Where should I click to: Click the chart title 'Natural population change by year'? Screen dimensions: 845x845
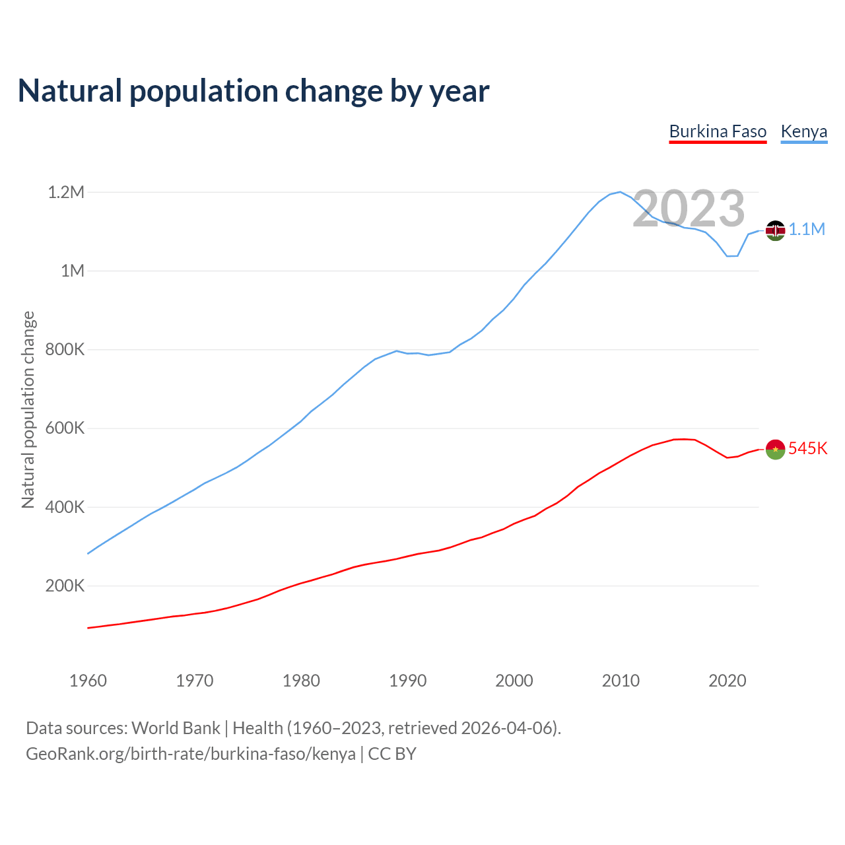pyautogui.click(x=253, y=91)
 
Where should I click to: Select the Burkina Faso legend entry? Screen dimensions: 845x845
pyautogui.click(x=718, y=131)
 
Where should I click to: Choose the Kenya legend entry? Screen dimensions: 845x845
pyautogui.click(x=803, y=131)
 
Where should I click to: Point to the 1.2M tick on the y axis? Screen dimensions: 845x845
pyautogui.click(x=66, y=192)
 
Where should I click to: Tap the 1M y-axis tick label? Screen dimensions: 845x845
pyautogui.click(x=73, y=271)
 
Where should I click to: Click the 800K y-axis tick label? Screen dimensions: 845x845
pyautogui.click(x=65, y=350)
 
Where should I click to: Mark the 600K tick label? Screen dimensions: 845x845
pyautogui.click(x=65, y=428)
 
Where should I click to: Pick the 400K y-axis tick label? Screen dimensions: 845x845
pyautogui.click(x=65, y=507)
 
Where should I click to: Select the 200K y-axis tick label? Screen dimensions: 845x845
pyautogui.click(x=65, y=586)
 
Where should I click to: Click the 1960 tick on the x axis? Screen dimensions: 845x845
pyautogui.click(x=88, y=681)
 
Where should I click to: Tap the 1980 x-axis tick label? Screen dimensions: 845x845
pyautogui.click(x=301, y=681)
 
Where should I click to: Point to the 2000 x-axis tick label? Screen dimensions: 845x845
pyautogui.click(x=514, y=681)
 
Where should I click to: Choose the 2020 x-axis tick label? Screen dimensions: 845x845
pyautogui.click(x=727, y=681)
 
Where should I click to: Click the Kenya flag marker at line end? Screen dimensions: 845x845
pyautogui.click(x=775, y=230)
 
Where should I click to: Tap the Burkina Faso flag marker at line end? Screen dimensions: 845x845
pyautogui.click(x=775, y=450)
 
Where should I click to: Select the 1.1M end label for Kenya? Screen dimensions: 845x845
pyautogui.click(x=807, y=229)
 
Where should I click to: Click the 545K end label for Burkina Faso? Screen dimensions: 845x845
pyautogui.click(x=807, y=448)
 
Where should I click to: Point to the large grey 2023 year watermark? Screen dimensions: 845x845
pyautogui.click(x=689, y=209)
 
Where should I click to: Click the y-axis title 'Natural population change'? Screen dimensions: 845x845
pyautogui.click(x=28, y=409)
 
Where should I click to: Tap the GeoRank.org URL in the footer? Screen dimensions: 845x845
pyautogui.click(x=191, y=754)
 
